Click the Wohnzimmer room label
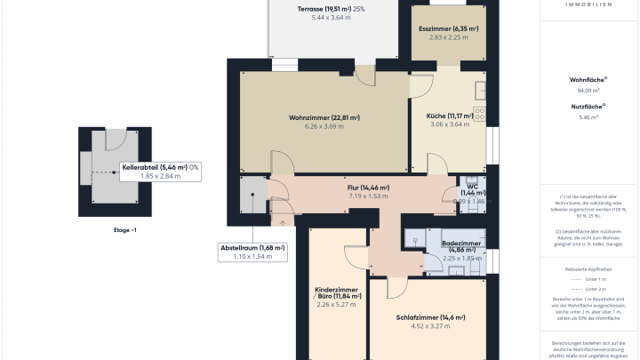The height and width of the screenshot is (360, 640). point(324,117)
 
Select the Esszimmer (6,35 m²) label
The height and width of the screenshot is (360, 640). point(448,28)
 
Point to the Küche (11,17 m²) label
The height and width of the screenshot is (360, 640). point(448,116)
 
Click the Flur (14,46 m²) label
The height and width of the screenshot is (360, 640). point(368,188)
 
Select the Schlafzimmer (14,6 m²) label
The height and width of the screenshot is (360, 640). point(430,317)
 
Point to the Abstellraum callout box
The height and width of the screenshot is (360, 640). point(252,252)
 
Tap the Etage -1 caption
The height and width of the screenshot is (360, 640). point(124,230)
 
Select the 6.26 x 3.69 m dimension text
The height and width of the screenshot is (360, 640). point(324,127)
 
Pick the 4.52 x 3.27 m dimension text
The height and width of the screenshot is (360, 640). point(430,327)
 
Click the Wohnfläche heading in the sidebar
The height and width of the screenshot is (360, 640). point(588,80)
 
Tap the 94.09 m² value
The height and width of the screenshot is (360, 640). point(588,91)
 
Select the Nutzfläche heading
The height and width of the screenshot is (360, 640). point(588,107)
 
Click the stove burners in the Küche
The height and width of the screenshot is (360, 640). point(480,113)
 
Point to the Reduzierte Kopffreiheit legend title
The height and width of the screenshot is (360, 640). point(588,268)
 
